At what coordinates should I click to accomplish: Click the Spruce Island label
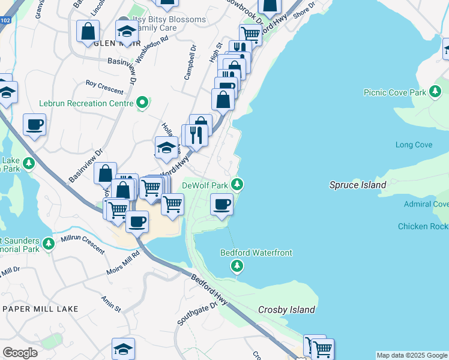[x=358, y=185]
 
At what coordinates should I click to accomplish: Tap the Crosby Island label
[x=286, y=310]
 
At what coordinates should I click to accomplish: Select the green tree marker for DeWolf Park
[x=238, y=184]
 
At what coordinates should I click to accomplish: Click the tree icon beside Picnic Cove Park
[x=435, y=92]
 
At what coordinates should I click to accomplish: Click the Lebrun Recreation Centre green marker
[x=142, y=103]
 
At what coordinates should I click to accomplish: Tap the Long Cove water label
[x=414, y=145]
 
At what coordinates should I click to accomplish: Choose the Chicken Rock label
[x=423, y=226]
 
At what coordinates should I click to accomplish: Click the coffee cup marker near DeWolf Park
[x=221, y=205]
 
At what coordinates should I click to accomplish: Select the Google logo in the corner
[x=20, y=352]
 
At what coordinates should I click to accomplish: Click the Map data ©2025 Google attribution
[x=412, y=355]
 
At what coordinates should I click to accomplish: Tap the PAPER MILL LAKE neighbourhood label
[x=40, y=308]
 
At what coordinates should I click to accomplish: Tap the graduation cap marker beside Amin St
[x=123, y=348]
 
